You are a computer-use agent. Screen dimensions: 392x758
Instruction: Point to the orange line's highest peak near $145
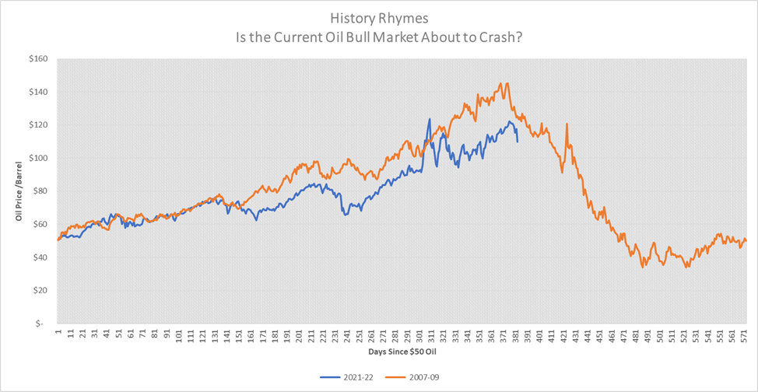pyautogui.click(x=507, y=83)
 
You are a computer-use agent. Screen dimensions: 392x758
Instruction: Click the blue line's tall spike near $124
pyautogui.click(x=429, y=119)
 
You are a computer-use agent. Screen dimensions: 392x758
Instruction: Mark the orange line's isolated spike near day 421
pyautogui.click(x=567, y=124)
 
